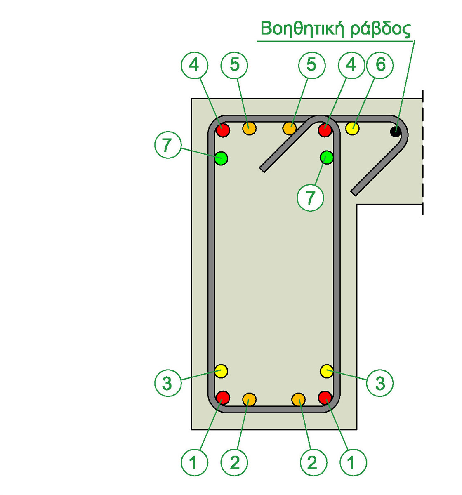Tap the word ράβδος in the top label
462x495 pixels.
click(382, 30)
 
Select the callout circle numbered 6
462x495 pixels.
click(380, 65)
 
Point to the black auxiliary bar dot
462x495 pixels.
click(396, 132)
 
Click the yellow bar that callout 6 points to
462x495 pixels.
click(353, 128)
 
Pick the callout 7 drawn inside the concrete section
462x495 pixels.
click(310, 198)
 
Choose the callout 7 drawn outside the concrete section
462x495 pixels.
click(167, 145)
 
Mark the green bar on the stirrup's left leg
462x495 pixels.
click(222, 158)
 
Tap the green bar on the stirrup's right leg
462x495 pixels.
click(327, 157)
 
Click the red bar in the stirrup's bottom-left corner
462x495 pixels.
click(223, 397)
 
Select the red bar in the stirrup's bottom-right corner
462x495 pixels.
click(325, 397)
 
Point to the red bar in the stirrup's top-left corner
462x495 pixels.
click(223, 130)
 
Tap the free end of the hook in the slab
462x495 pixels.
click(354, 192)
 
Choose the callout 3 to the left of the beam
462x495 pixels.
click(168, 383)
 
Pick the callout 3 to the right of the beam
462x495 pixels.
click(380, 383)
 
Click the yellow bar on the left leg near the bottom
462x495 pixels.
click(222, 371)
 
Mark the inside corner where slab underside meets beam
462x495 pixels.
click(357, 204)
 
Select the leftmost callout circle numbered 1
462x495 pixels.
click(194, 462)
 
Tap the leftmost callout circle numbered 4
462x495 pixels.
click(194, 65)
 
